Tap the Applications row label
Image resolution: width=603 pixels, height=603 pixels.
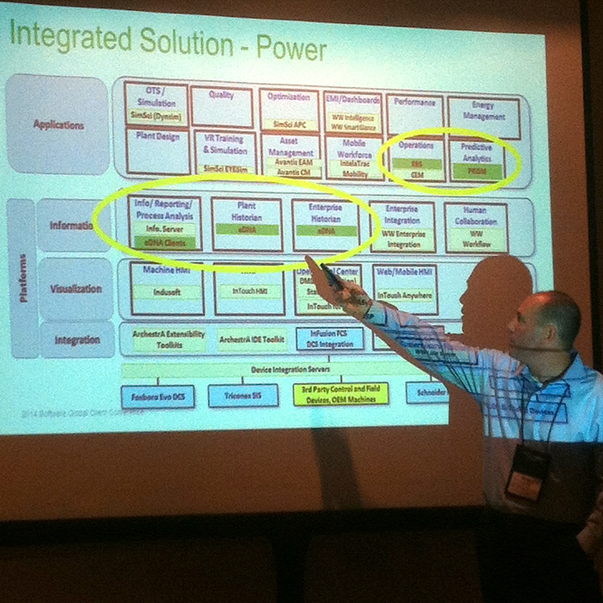click(x=58, y=125)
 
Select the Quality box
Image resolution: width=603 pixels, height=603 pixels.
click(x=221, y=107)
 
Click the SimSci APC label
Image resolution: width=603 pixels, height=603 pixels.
click(x=289, y=124)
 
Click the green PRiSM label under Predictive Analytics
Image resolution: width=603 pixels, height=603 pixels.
click(x=477, y=171)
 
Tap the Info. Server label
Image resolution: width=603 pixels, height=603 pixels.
click(x=164, y=229)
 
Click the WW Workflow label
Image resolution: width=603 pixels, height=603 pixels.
click(x=476, y=239)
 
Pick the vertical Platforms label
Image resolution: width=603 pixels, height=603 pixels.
click(x=23, y=278)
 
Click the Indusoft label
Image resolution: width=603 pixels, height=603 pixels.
click(x=167, y=292)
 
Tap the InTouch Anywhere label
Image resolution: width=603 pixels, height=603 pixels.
click(x=405, y=295)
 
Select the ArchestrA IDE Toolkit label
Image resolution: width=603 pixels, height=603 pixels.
click(x=252, y=340)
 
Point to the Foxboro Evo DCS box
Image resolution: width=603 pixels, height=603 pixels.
click(x=158, y=397)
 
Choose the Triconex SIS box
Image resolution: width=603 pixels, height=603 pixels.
click(x=243, y=396)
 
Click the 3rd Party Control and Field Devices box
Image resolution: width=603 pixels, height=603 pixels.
click(x=341, y=394)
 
